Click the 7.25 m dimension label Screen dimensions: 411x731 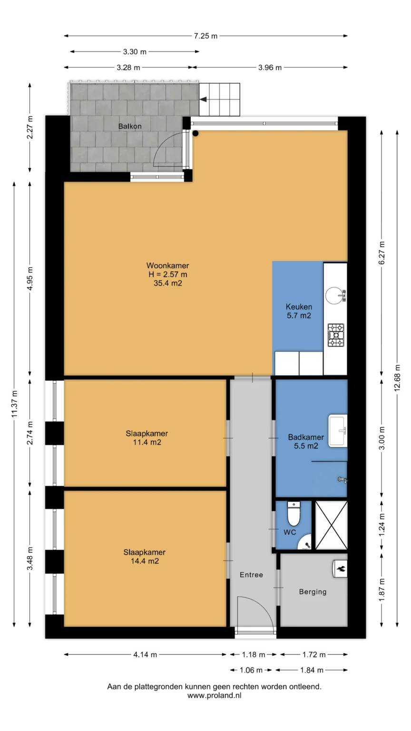pyautogui.click(x=205, y=36)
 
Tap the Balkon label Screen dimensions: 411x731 pyautogui.click(x=130, y=126)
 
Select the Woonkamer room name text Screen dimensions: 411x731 pyautogui.click(x=167, y=266)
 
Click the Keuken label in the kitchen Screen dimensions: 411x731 pyautogui.click(x=299, y=307)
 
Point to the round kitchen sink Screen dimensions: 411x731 pyautogui.click(x=334, y=296)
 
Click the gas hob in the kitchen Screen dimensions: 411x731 pyautogui.click(x=336, y=335)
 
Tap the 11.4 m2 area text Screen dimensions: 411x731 pyautogui.click(x=147, y=442)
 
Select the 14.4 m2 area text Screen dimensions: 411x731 pyautogui.click(x=145, y=561)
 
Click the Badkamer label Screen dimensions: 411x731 pyautogui.click(x=306, y=437)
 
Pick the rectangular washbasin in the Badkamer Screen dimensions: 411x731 pyautogui.click(x=338, y=431)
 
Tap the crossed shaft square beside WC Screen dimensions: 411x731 pyautogui.click(x=331, y=525)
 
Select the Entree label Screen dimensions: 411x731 pyautogui.click(x=251, y=575)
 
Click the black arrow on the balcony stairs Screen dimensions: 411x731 pyautogui.click(x=203, y=99)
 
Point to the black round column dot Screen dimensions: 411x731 pyautogui.click(x=196, y=133)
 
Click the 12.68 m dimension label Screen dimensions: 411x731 pyautogui.click(x=397, y=378)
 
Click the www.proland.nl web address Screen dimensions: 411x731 pyautogui.click(x=215, y=695)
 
